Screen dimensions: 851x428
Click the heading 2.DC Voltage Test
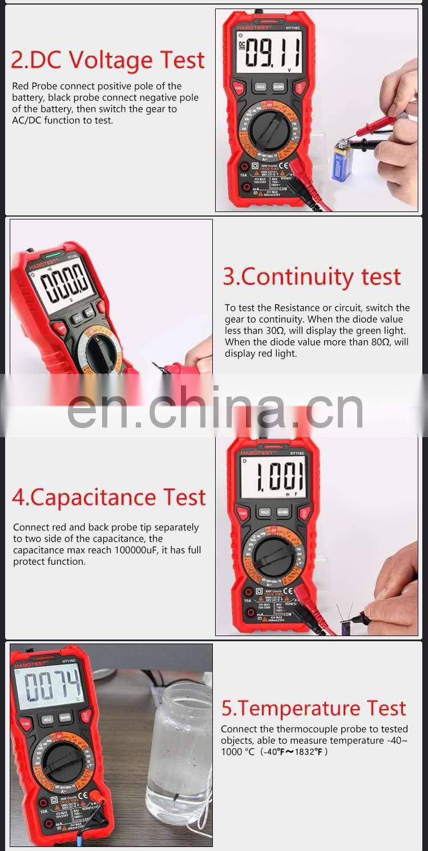tap(108, 60)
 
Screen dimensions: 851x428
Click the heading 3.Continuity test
tap(312, 276)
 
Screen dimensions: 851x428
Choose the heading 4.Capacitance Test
tap(108, 497)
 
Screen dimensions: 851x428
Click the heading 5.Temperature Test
tap(313, 708)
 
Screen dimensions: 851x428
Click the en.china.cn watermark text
tap(215, 408)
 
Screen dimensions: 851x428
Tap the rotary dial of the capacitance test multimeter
tap(273, 557)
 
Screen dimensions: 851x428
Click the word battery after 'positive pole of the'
tap(27, 97)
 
